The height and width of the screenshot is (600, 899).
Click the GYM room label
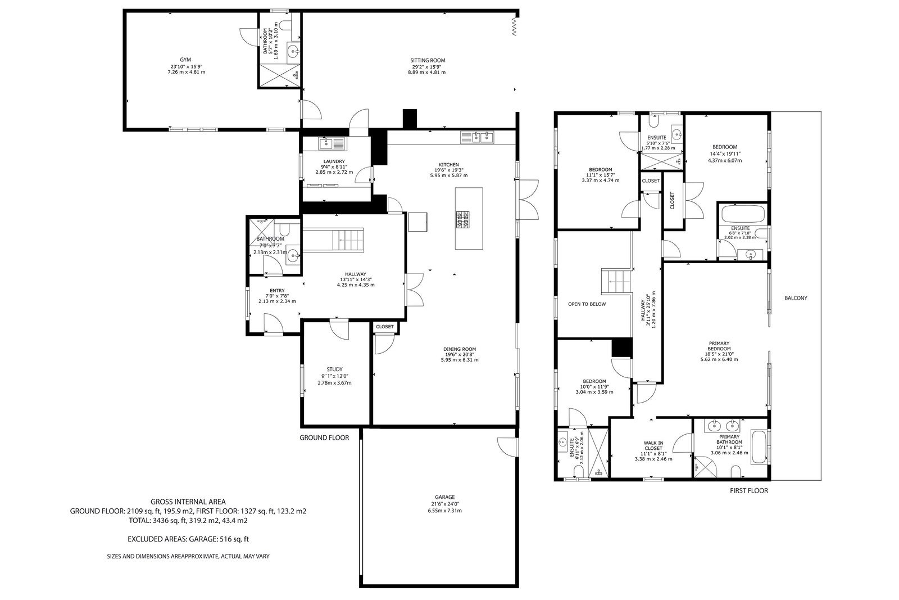tap(185, 60)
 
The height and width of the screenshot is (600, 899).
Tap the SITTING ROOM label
tap(428, 60)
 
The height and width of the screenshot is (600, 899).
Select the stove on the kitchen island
tap(463, 220)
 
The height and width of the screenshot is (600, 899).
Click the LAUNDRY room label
tap(334, 161)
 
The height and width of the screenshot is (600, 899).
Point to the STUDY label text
tap(334, 369)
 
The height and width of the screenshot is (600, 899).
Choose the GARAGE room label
tap(444, 497)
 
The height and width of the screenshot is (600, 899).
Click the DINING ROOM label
tap(460, 349)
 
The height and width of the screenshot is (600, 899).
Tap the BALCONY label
tap(796, 298)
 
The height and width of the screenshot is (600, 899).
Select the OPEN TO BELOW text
tap(587, 304)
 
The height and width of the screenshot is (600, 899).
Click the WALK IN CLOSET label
tap(653, 445)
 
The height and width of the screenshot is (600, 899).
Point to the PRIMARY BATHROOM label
tap(729, 439)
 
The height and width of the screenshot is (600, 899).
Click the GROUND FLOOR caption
tap(324, 437)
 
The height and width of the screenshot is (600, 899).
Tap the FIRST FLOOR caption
tap(749, 490)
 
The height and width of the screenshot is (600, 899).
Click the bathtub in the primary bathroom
tap(758, 448)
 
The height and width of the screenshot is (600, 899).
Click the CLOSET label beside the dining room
tap(384, 327)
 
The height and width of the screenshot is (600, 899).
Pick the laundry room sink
tap(332, 143)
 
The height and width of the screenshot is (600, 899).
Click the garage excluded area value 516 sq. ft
tap(234, 539)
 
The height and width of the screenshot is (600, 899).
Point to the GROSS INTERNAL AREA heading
tap(188, 502)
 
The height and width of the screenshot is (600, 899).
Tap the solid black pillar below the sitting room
tap(410, 119)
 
